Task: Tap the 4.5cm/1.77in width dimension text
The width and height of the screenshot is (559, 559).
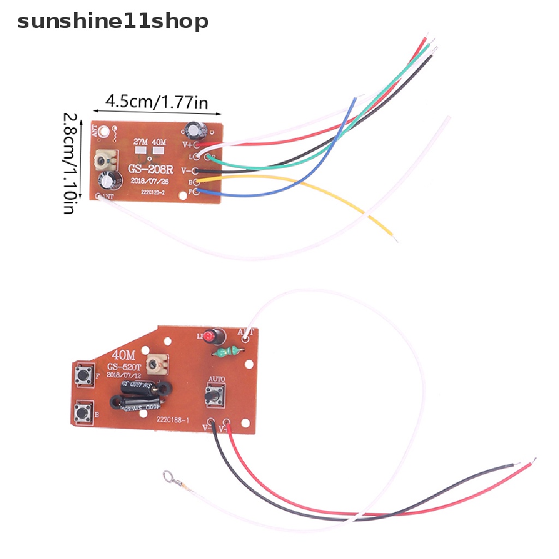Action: [x=157, y=102]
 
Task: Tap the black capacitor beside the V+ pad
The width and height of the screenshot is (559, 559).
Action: [x=195, y=129]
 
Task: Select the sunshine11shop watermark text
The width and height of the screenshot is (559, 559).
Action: [x=113, y=22]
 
